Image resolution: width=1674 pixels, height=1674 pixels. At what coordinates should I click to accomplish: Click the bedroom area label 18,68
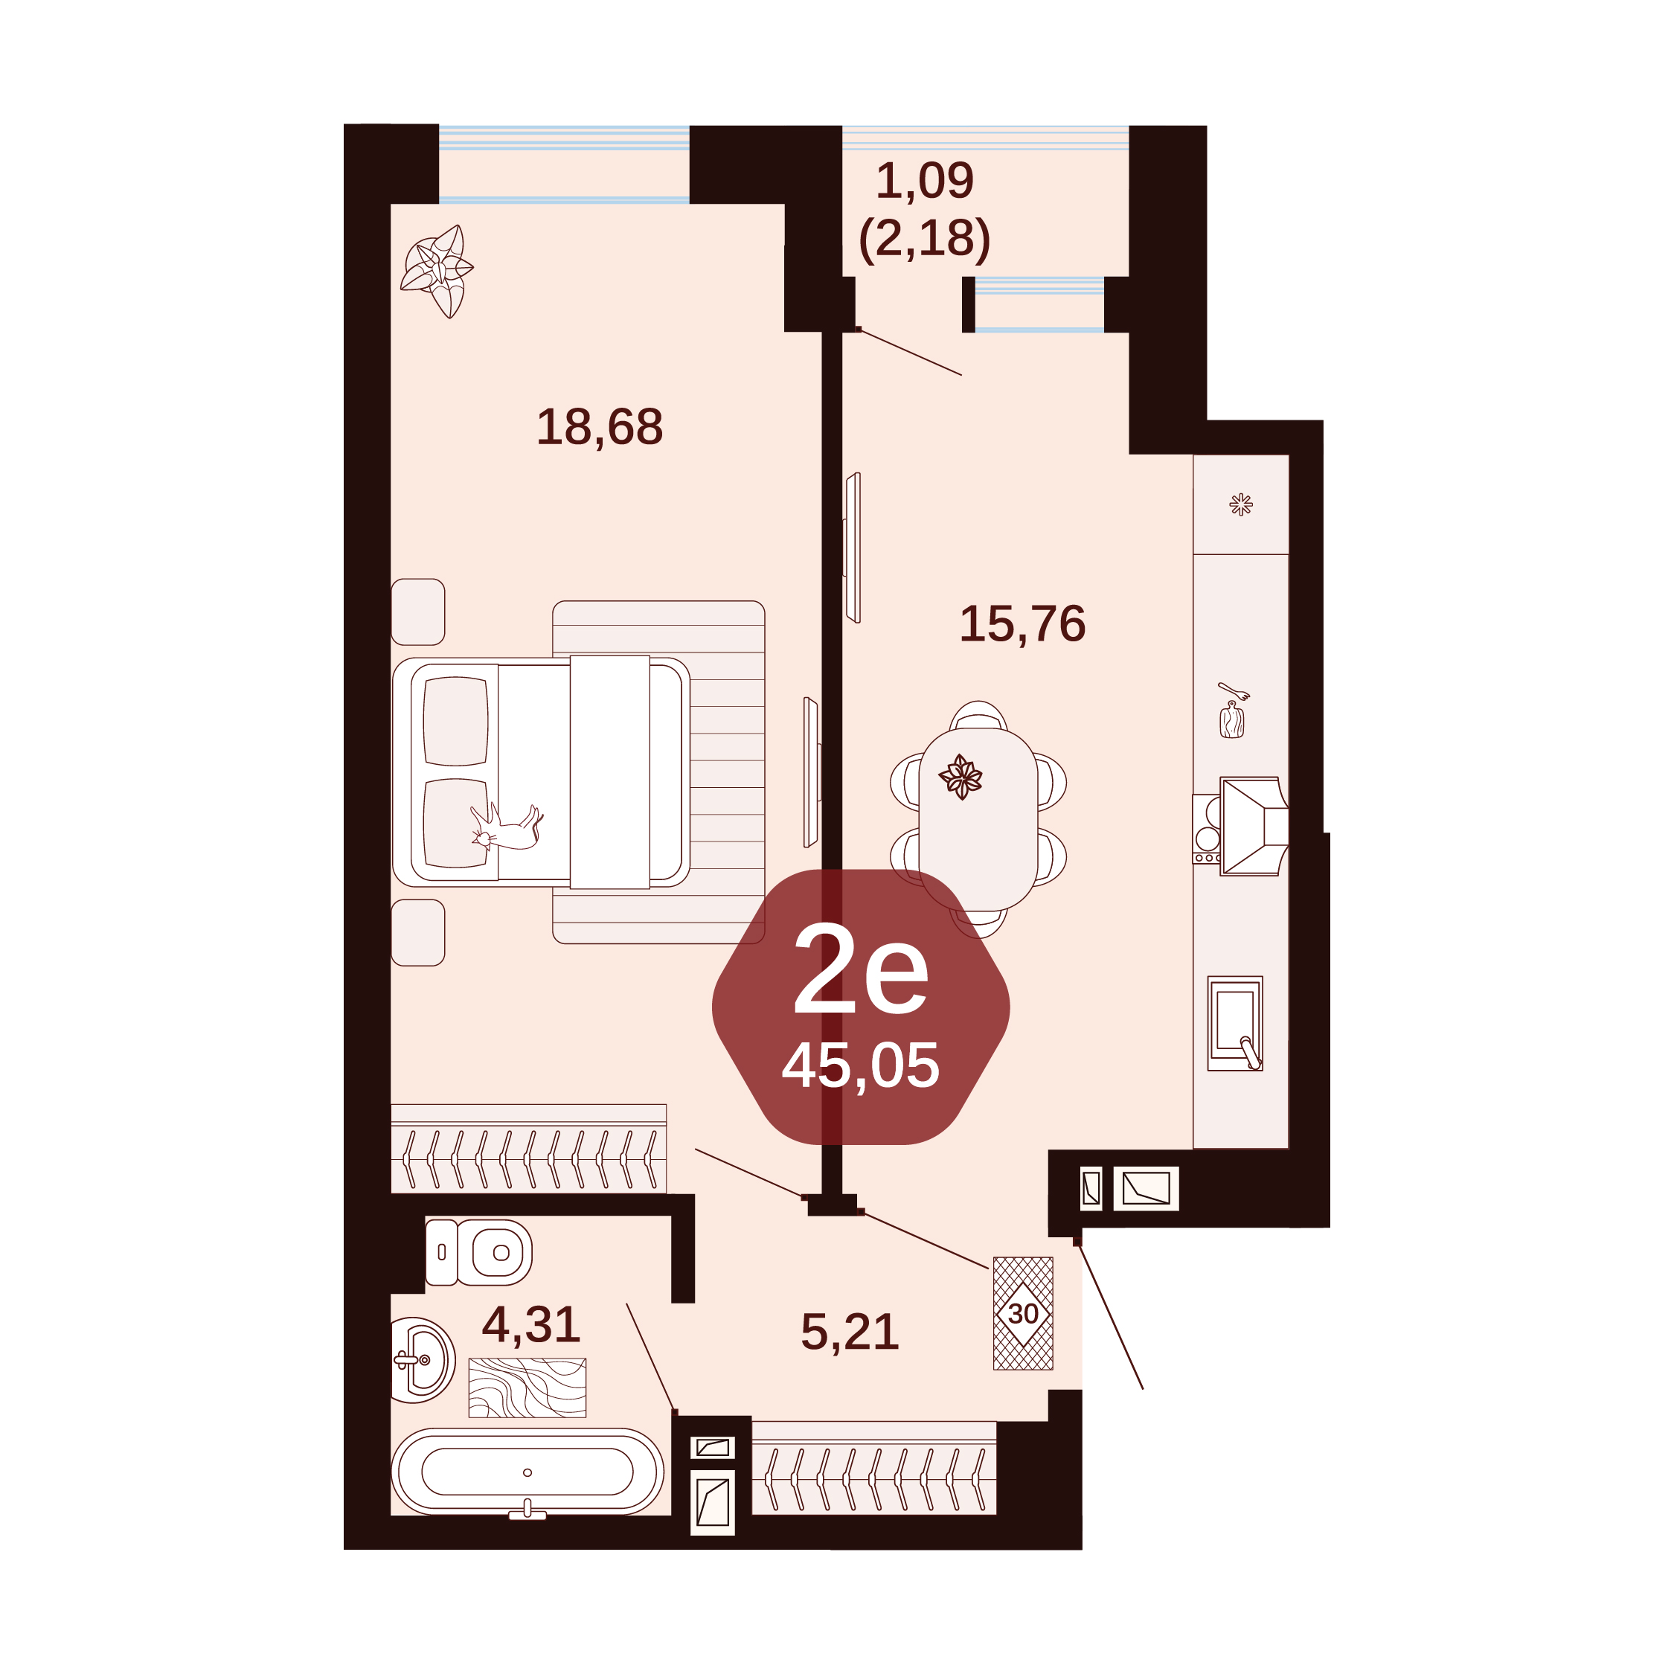pyautogui.click(x=600, y=427)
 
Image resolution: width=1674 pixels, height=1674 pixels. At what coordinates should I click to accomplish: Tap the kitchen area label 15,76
pyautogui.click(x=1022, y=624)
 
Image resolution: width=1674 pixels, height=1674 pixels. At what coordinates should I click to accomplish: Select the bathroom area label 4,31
pyautogui.click(x=531, y=1325)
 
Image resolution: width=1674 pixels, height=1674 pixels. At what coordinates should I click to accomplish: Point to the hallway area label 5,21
pyautogui.click(x=850, y=1332)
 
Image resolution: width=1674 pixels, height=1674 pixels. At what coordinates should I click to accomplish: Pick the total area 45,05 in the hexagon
pyautogui.click(x=860, y=1065)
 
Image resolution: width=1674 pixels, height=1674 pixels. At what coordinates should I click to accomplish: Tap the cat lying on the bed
pyautogui.click(x=507, y=828)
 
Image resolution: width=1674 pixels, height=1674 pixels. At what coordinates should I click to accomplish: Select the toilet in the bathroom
pyautogui.click(x=478, y=1252)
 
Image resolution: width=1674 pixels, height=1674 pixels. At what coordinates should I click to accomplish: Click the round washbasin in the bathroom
pyautogui.click(x=423, y=1359)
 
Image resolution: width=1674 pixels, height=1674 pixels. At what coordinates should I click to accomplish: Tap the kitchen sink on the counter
pyautogui.click(x=1235, y=1023)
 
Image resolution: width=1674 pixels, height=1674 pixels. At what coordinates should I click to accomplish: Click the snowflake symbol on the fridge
pyautogui.click(x=1241, y=504)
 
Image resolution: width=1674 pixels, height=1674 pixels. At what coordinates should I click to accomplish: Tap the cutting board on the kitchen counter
pyautogui.click(x=1232, y=719)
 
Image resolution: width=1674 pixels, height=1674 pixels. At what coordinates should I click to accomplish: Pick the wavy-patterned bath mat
pyautogui.click(x=527, y=1388)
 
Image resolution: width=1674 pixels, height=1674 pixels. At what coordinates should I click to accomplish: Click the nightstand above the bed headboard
pyautogui.click(x=418, y=612)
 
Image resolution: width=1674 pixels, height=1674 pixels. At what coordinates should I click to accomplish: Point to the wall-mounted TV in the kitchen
pyautogui.click(x=853, y=548)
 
